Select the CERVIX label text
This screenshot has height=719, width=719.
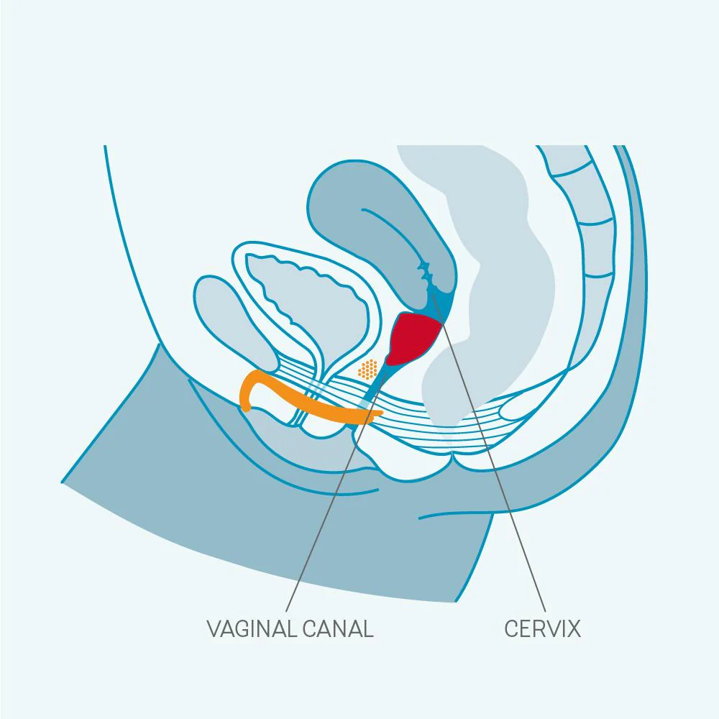[x=542, y=628]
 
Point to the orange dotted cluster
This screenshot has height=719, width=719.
[x=367, y=370]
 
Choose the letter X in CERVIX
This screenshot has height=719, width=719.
[x=573, y=628]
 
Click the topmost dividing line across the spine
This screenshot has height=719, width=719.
[x=571, y=170]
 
